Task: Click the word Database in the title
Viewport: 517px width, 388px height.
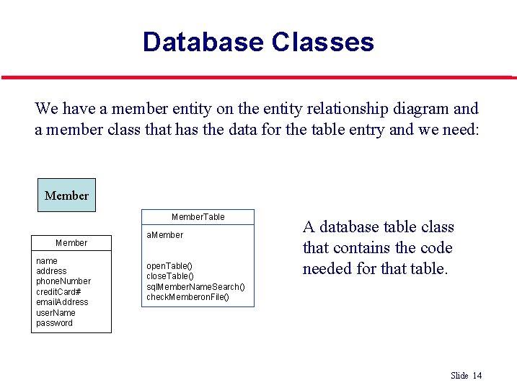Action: coord(203,42)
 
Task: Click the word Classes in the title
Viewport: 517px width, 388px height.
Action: coord(322,42)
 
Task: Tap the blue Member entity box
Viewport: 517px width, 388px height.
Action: coord(66,195)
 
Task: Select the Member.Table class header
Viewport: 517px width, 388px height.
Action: coord(198,217)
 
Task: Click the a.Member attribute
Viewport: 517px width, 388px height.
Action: coord(164,235)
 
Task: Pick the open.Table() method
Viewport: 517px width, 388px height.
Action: coord(169,266)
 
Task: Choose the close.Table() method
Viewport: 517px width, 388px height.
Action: coord(171,276)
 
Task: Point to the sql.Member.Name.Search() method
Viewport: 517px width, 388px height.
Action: coord(195,287)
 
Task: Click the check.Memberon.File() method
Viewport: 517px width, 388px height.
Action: coord(187,297)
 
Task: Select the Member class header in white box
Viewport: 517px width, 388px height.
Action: coord(71,243)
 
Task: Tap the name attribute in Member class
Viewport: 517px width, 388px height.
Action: coord(47,260)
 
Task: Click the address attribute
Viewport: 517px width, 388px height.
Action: coord(51,271)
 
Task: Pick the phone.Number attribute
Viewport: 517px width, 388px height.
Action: coord(63,281)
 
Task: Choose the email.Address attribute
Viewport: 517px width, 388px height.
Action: coord(62,302)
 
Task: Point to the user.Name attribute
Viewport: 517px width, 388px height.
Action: coord(56,312)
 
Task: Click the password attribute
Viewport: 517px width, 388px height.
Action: coord(54,323)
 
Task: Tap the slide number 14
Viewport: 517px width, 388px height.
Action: coord(477,375)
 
